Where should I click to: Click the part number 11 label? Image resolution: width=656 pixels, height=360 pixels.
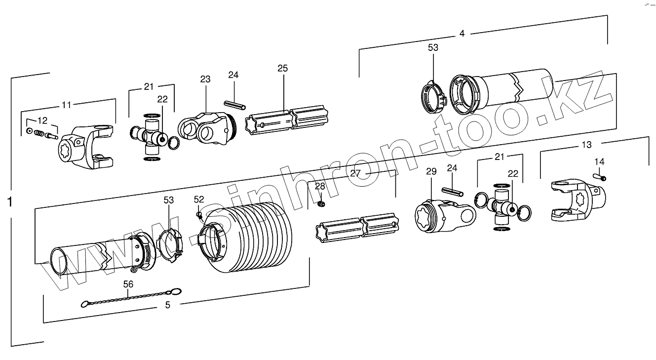(66, 104)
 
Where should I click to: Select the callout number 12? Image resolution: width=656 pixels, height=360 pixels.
(42, 120)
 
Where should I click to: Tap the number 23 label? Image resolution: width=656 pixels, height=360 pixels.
(205, 79)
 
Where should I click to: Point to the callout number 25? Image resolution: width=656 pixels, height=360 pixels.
(282, 68)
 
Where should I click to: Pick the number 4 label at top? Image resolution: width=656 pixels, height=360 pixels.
(462, 34)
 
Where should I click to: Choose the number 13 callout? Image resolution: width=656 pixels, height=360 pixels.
(586, 145)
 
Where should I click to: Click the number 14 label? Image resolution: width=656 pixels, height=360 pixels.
(599, 161)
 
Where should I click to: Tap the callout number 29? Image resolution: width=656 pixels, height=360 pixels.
(431, 171)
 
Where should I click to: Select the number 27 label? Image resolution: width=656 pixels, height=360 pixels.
(355, 173)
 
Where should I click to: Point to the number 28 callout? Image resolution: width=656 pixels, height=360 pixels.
(320, 186)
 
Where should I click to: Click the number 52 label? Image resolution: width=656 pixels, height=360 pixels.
(199, 199)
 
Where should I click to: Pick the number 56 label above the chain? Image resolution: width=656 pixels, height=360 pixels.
(128, 284)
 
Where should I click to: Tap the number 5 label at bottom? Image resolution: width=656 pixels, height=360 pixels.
(168, 305)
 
